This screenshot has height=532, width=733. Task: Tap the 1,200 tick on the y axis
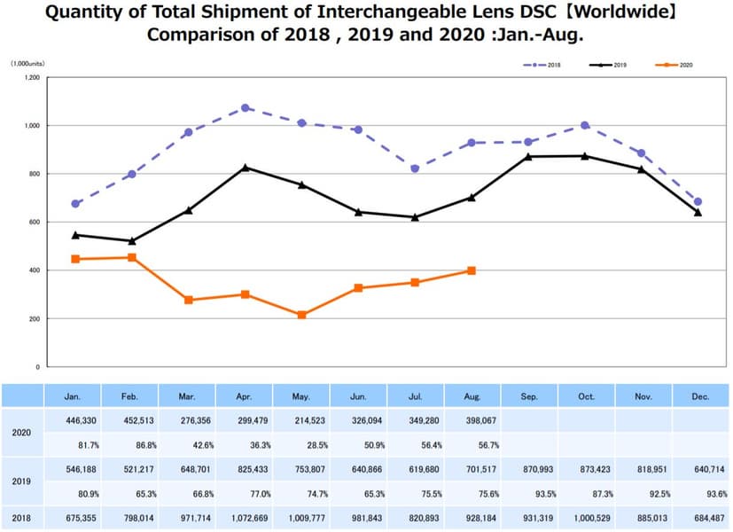[x=32, y=78]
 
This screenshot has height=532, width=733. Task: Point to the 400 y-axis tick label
[x=34, y=270]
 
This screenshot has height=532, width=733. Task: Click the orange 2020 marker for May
[x=302, y=315]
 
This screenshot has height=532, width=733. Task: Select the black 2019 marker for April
[x=246, y=168]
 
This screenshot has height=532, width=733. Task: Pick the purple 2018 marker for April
[x=246, y=108]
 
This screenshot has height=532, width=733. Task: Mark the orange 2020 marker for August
[x=472, y=270]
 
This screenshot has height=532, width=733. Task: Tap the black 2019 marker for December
[x=698, y=213]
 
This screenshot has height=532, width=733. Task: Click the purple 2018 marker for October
[x=585, y=125]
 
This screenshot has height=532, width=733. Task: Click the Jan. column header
[x=74, y=396]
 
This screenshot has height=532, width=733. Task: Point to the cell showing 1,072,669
[x=246, y=517]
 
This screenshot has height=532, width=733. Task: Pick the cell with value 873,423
[x=586, y=467]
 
